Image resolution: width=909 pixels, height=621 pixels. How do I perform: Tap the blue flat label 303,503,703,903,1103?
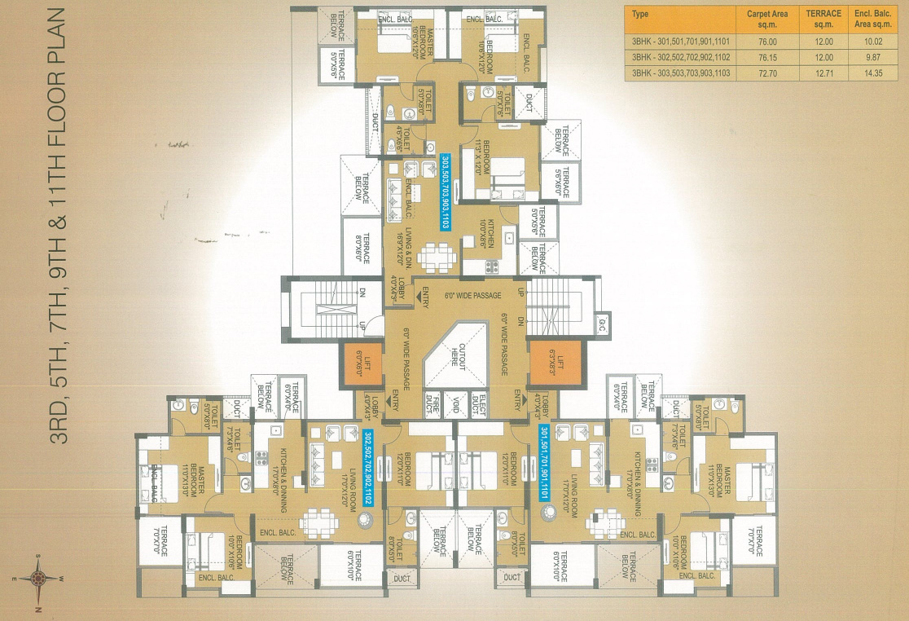pos(445,193)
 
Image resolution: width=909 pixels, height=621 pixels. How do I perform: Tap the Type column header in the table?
pos(641,14)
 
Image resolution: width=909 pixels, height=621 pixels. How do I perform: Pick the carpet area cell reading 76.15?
pos(766,57)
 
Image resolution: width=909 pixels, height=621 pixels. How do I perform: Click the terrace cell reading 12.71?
pos(823,73)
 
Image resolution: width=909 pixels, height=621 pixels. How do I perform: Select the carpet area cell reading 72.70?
pos(766,73)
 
